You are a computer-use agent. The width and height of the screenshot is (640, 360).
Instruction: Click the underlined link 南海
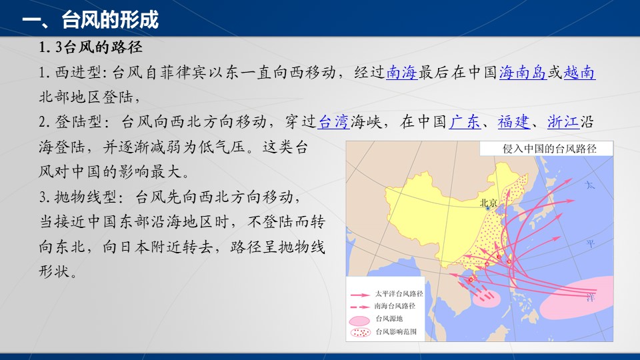pos(402,72)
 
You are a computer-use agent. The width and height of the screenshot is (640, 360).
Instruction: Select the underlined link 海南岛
pos(523,72)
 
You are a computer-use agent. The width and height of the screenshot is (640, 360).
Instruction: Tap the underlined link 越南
pos(579,72)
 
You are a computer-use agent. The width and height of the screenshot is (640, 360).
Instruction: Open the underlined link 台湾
pos(334,121)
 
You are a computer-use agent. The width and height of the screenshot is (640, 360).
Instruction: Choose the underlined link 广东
pos(465,121)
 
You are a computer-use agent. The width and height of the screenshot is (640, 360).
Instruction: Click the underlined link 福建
pos(513,121)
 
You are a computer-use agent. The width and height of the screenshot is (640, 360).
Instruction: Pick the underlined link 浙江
pos(563,121)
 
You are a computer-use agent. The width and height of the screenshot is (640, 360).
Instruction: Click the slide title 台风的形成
pos(110,19)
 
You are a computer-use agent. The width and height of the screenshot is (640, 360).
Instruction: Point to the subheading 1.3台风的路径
pos(91,47)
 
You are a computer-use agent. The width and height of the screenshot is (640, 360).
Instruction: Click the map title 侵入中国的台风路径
pos(549,149)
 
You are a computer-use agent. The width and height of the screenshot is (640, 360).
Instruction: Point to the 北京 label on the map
pos(488,203)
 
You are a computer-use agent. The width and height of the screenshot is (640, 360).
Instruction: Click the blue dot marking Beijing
pos(488,209)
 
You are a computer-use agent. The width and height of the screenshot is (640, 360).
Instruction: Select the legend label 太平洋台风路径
pos(399,293)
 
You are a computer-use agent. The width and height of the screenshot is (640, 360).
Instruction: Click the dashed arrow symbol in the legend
pos(360,307)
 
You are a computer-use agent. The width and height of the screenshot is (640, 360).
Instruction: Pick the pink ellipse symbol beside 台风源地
pos(359,320)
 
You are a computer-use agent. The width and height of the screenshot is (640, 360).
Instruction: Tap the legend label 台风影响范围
pos(396,331)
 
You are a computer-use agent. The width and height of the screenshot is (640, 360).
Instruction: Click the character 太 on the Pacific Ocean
pos(590,185)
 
